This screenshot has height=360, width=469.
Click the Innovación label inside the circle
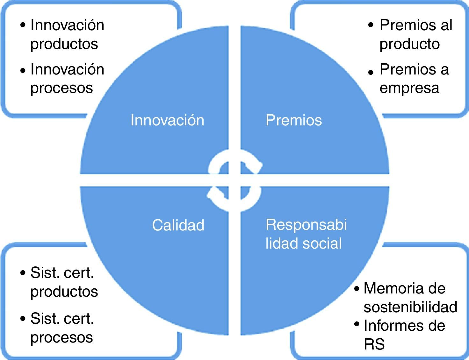tap(167, 120)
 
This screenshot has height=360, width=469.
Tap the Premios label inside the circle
tap(294, 120)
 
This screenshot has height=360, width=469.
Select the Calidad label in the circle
tap(178, 225)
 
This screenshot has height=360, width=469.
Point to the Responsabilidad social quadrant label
tap(306, 234)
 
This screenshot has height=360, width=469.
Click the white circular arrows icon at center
tap(234, 180)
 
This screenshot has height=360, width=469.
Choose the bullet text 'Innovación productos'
tap(67, 34)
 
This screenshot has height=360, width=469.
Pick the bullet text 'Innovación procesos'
tap(67, 79)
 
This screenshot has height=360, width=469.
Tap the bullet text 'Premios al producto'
tap(415, 34)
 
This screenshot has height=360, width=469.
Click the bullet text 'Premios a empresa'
tap(414, 79)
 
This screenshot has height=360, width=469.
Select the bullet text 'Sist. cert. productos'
tap(64, 282)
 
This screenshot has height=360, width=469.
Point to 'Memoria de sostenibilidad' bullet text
tap(410, 298)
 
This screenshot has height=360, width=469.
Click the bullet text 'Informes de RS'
tap(404, 335)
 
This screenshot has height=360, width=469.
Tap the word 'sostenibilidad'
tap(410, 307)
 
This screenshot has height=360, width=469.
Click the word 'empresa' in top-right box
tap(409, 88)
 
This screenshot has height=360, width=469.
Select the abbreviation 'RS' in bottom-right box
tap(374, 344)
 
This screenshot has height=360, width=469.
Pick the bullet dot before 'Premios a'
tap(371, 73)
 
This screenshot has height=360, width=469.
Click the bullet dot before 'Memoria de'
tap(357, 289)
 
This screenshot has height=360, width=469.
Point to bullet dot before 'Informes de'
tap(357, 324)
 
